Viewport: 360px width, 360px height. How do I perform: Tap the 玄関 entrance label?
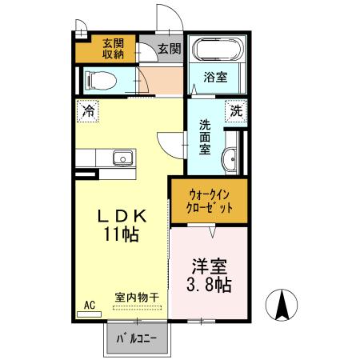168,48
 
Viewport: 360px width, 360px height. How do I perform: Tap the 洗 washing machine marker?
237,110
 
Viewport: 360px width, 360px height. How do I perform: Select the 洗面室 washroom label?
205,138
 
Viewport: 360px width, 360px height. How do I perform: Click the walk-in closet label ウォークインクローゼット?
211,200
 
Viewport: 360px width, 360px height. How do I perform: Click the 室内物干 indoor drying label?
136,298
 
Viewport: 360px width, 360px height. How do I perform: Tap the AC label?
90,305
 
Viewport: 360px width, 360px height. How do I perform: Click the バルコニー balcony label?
138,338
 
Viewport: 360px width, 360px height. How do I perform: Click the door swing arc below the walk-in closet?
211,230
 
